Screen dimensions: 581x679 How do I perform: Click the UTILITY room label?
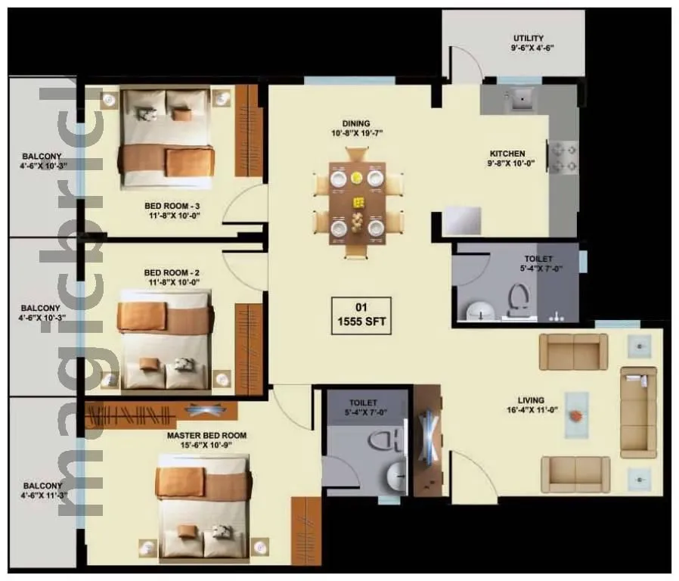pos(529,38)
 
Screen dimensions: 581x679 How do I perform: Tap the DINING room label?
pos(355,123)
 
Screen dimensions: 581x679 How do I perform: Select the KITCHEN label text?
pos(507,153)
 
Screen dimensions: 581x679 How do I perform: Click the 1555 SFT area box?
pos(361,314)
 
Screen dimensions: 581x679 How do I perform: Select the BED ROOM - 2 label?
pos(172,272)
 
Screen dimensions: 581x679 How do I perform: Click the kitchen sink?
pos(520,98)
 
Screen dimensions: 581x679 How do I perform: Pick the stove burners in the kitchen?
pos(563,157)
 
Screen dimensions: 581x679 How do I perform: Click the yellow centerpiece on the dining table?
pos(358,203)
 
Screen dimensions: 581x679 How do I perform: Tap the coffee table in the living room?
pos(577,415)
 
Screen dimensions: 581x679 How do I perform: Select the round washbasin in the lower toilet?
pos(394,476)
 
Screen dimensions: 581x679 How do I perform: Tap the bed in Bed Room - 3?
pos(167,136)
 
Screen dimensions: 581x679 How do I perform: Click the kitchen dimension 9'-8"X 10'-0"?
pos(517,163)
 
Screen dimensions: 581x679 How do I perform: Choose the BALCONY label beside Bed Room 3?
pos(42,157)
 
